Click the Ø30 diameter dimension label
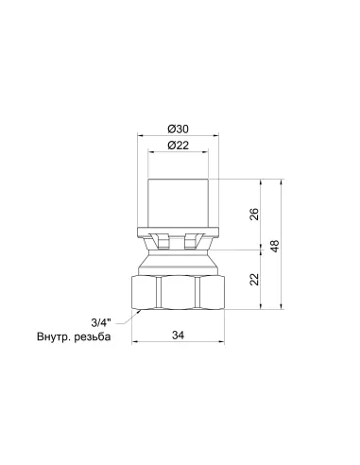coord(179,129)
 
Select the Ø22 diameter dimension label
coord(179,146)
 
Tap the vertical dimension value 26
coord(254,215)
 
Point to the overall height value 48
coord(275,246)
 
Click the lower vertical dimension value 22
coord(254,280)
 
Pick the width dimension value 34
coord(178,335)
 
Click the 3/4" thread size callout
coord(101,322)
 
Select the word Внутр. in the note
coord(54,336)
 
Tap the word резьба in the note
coord(93,336)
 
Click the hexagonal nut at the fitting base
coord(178,292)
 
